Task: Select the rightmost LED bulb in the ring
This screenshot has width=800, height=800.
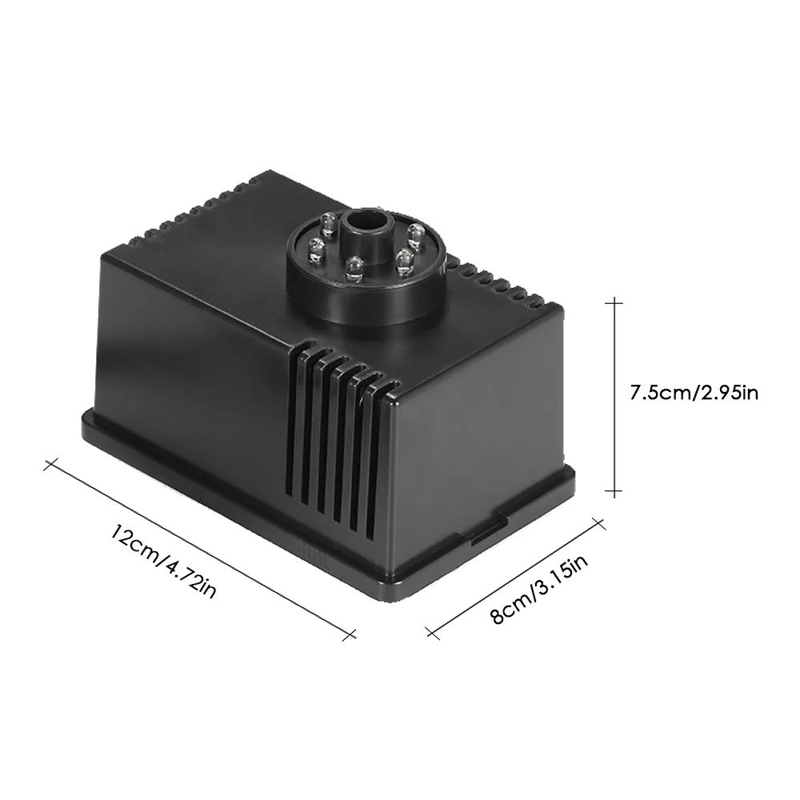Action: pyautogui.click(x=414, y=233)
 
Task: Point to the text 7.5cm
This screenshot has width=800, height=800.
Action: pyautogui.click(x=658, y=393)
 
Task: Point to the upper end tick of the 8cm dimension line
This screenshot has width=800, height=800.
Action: pyautogui.click(x=597, y=521)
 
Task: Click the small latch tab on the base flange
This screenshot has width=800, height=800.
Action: pyautogui.click(x=485, y=533)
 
